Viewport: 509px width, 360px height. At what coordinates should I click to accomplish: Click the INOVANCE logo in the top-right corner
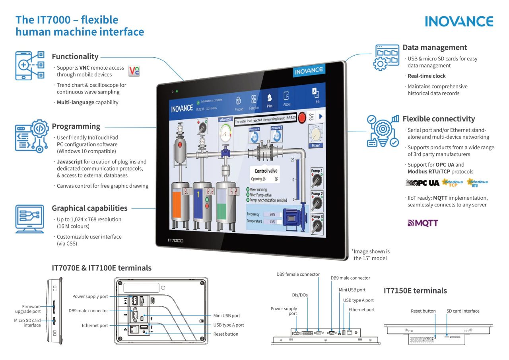tap(459, 21)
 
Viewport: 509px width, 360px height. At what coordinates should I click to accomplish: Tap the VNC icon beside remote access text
tap(135, 71)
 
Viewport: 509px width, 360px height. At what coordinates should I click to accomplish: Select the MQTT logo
tap(423, 223)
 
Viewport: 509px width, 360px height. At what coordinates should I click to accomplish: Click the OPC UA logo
tap(422, 183)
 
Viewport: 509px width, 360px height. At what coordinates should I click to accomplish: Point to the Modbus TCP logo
tap(452, 183)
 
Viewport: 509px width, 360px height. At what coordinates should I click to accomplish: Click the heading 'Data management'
tap(435, 47)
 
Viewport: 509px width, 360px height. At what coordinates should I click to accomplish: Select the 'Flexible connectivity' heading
tap(439, 119)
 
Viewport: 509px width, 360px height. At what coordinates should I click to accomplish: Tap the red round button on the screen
tap(303, 117)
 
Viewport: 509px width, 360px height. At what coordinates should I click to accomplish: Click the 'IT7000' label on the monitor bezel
tap(175, 241)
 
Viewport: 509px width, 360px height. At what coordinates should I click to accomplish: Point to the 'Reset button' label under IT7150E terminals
tap(423, 311)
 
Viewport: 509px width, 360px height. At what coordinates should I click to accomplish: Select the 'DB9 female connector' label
tap(298, 274)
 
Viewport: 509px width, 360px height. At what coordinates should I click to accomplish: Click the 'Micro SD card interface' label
tap(27, 323)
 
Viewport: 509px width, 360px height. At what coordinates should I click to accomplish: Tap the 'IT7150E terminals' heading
tap(415, 291)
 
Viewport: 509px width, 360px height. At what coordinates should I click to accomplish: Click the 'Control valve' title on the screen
tap(266, 171)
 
